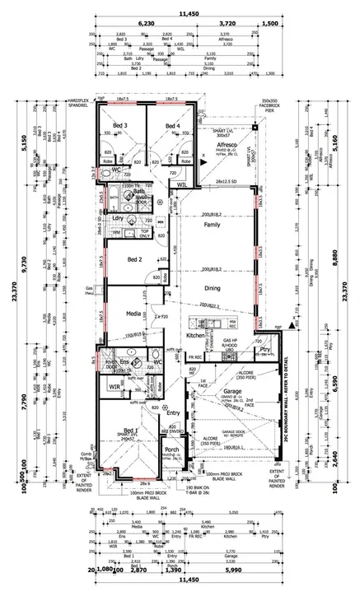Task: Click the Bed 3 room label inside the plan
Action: pos(119,126)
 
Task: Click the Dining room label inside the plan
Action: pos(213,288)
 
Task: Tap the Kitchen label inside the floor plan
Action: pos(194,336)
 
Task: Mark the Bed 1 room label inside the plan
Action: pos(131,431)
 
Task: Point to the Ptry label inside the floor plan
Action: pos(264,350)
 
